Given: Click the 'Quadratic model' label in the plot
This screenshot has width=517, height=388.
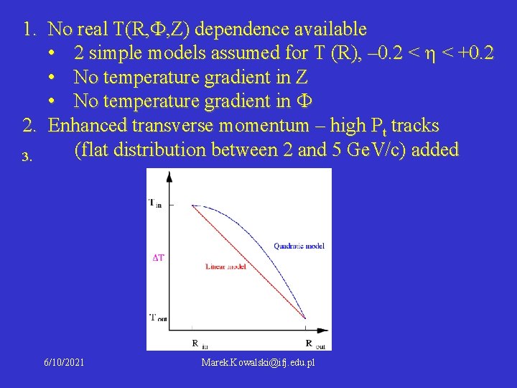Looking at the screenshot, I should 299,246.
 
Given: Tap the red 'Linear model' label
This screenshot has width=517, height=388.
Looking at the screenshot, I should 226,266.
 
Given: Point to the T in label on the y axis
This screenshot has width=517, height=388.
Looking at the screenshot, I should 154,203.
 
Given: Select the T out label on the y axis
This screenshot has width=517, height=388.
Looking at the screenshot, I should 154,317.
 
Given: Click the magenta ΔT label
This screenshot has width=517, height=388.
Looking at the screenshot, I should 158,257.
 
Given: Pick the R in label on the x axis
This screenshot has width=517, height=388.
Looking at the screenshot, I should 196,344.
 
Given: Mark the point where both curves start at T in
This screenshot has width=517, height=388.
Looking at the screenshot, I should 192,205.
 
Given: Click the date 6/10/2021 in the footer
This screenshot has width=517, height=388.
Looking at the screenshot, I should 63,363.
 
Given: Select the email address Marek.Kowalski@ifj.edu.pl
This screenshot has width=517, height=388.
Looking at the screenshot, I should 258,363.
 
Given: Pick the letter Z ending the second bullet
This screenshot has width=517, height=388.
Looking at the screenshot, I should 302,78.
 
